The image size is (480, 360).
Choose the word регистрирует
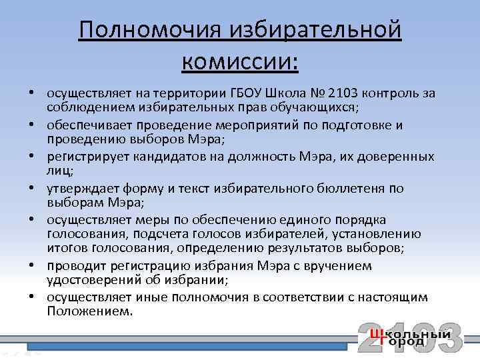(x=87, y=157)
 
